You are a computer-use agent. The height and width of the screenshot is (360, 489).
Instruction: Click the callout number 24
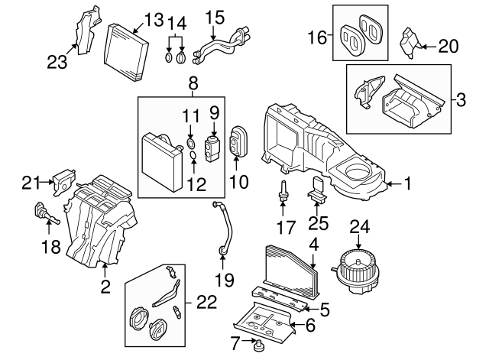358,227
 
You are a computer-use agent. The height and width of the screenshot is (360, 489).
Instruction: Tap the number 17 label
285,226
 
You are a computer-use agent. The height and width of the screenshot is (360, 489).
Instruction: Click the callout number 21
30,181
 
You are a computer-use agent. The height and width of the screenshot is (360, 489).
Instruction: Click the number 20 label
449,47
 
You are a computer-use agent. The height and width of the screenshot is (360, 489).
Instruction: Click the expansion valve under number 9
213,143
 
